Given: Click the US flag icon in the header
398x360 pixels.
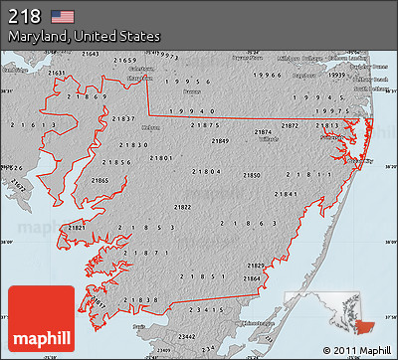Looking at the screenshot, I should (x=63, y=16).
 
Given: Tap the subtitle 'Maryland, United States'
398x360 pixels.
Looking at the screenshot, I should (x=85, y=36).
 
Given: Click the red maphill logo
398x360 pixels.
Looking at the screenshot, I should (x=40, y=314).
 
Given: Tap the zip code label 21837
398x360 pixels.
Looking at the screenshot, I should (x=124, y=118).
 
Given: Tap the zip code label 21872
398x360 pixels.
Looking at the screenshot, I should (x=290, y=126).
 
